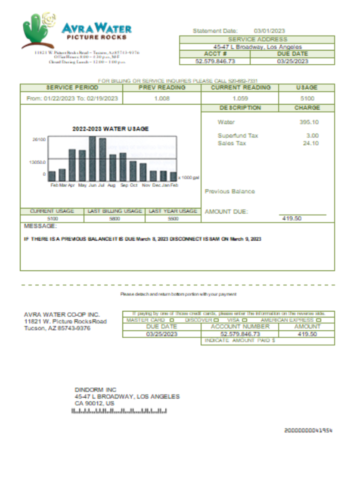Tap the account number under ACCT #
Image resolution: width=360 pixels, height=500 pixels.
pyautogui.click(x=214, y=61)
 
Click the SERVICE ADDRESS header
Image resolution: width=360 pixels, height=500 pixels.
pyautogui.click(x=257, y=39)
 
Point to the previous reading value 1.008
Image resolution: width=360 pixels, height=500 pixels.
pyautogui.click(x=162, y=98)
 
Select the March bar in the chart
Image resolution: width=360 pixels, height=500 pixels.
pyautogui.click(x=62, y=174)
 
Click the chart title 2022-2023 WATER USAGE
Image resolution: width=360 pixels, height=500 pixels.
pyautogui.click(x=110, y=128)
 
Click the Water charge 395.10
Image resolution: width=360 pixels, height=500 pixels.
pyautogui.click(x=309, y=122)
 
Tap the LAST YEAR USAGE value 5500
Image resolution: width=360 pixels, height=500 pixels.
pyautogui.click(x=172, y=218)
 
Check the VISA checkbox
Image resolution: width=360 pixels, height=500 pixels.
pyautogui.click(x=245, y=319)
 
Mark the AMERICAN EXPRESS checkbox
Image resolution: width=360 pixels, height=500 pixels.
pyautogui.click(x=318, y=319)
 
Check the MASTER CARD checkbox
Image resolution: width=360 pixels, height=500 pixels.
pyautogui.click(x=172, y=319)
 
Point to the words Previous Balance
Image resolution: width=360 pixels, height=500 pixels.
pyautogui.click(x=229, y=191)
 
